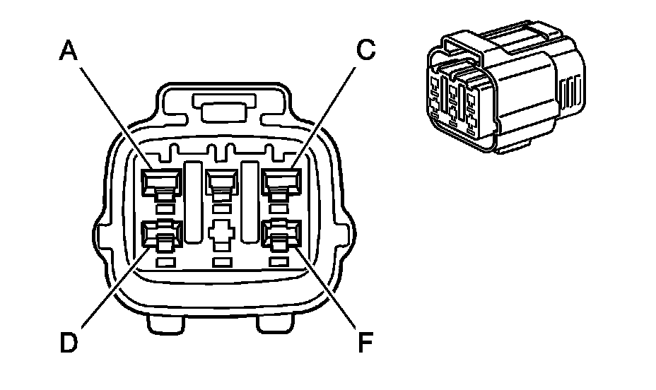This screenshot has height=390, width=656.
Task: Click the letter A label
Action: pos(69,50)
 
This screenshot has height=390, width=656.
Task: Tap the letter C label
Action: pos(365,50)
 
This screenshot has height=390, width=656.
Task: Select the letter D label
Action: pos(69,343)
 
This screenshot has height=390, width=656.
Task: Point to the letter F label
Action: pos(365,343)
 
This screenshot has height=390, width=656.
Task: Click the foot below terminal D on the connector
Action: pos(166,324)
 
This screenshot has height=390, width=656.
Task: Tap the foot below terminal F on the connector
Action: pos(276,324)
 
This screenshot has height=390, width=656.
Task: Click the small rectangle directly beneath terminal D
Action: pos(164,263)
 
